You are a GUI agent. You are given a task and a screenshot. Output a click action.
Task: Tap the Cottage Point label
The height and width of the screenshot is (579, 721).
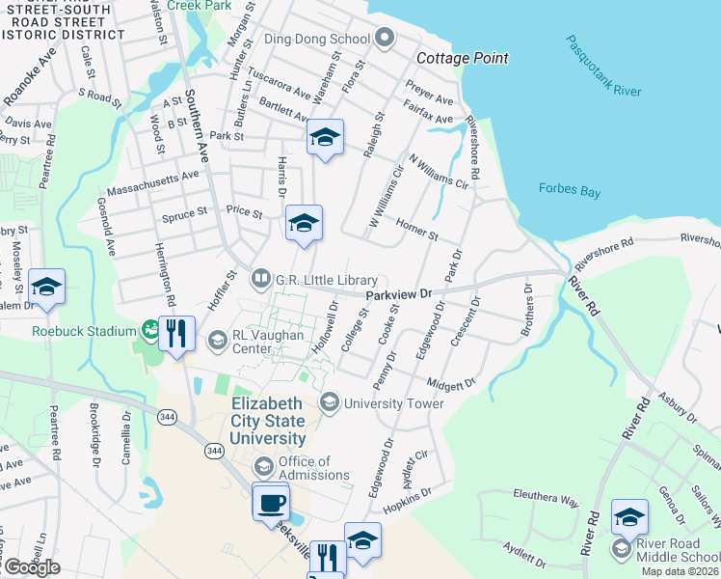click(462, 59)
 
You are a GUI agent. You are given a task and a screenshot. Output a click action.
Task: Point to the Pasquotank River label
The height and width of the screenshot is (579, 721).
click(603, 68)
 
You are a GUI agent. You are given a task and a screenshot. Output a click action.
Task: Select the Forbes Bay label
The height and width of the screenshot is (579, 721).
click(570, 190)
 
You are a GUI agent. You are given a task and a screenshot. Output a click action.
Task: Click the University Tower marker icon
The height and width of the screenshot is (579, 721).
click(330, 402)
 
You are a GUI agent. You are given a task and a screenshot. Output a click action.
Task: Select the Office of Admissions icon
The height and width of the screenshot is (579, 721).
click(263, 468)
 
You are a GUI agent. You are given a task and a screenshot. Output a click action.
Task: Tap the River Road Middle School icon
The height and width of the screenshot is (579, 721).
click(621, 549)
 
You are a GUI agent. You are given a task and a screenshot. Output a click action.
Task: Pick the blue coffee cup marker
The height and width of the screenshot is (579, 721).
click(270, 502)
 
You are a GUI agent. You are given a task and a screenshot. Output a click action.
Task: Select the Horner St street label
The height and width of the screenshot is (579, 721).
click(416, 229)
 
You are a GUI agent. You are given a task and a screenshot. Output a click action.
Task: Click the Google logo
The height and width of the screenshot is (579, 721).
click(31, 567)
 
